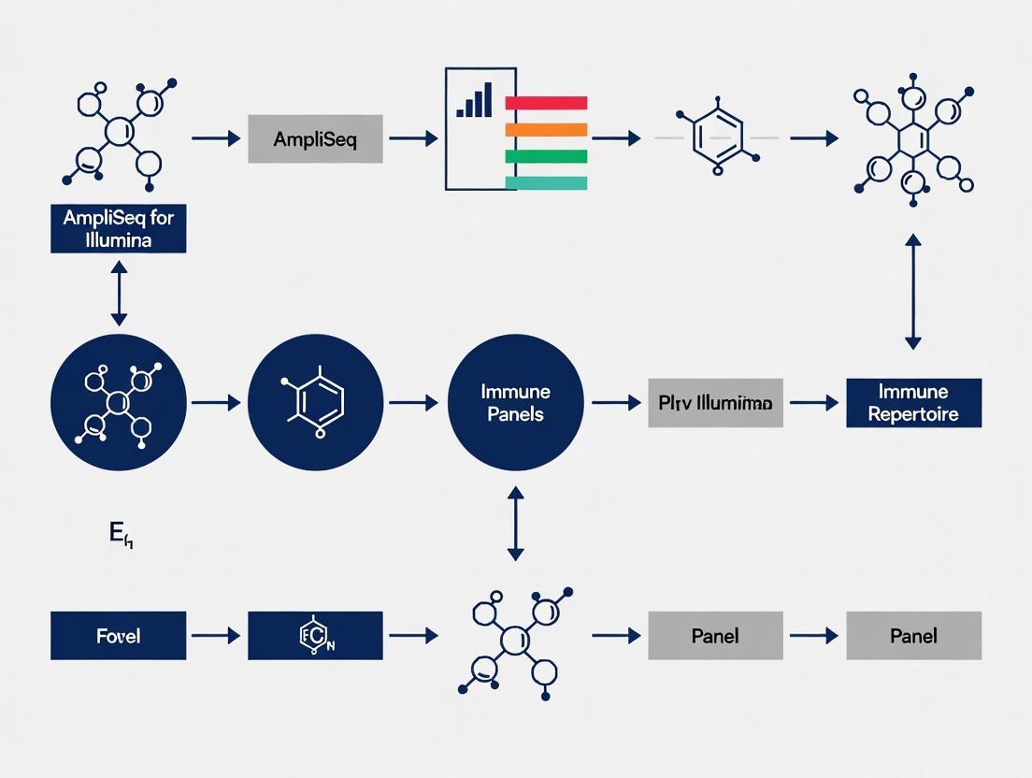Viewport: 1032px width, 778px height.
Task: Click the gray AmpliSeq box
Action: pos(315,139)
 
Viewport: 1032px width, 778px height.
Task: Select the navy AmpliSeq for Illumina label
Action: pos(118,229)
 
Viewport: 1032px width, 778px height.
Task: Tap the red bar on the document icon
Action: pos(546,103)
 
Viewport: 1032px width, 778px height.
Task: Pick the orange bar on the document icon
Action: pos(546,130)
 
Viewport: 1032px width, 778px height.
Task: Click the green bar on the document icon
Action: pos(546,157)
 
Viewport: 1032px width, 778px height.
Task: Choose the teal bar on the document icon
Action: pos(546,183)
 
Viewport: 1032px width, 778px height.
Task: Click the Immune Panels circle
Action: pos(516,402)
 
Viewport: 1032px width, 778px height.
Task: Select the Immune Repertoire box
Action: pos(913,403)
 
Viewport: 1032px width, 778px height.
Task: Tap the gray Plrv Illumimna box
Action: pos(715,403)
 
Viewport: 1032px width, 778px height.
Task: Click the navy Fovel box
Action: pos(118,636)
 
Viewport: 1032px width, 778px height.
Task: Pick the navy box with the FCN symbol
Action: pos(315,636)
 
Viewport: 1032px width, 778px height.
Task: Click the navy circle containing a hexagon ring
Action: pos(316,402)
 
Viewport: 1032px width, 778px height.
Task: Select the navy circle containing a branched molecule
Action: pos(119,402)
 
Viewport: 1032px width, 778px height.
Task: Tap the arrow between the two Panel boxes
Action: pos(813,636)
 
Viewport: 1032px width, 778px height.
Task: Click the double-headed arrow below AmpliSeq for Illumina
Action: pos(119,294)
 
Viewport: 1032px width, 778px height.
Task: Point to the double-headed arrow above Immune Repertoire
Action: pos(913,292)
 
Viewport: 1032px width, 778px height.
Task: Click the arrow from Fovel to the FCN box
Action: pos(216,636)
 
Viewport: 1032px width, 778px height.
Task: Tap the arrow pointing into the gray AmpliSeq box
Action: pos(216,138)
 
